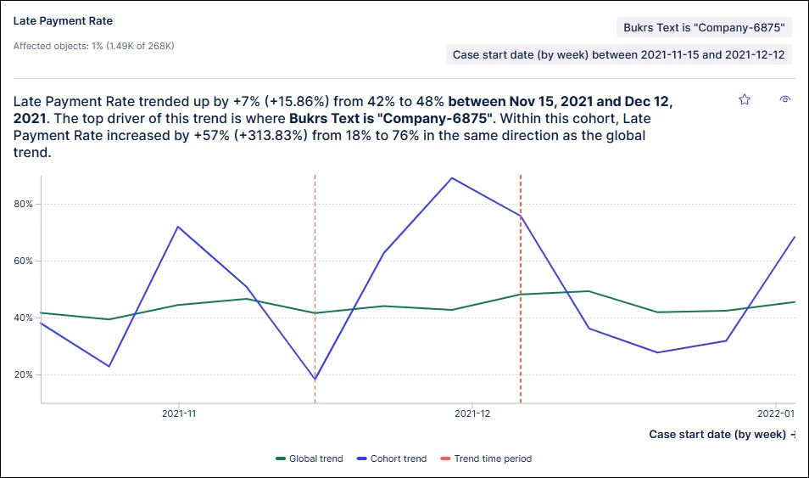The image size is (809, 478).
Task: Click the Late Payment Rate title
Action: point(63,20)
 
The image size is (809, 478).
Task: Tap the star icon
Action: point(745,99)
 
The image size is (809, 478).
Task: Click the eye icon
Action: point(785,99)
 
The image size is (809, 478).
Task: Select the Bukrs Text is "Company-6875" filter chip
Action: point(704,27)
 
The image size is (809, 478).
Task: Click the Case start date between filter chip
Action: point(618,54)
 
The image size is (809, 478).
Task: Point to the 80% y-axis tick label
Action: point(22,204)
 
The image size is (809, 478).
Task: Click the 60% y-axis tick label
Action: point(22,261)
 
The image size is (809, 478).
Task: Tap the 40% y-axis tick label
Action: point(22,318)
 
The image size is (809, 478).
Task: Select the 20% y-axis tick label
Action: point(22,374)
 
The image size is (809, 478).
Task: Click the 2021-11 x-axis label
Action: point(178,414)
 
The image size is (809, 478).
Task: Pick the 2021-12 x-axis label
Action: point(472,414)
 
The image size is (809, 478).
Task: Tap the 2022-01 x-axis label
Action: point(775,414)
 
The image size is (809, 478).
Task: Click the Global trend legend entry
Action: point(310,458)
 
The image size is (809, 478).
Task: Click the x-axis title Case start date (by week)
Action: point(717,434)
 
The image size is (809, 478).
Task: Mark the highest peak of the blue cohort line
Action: point(452,177)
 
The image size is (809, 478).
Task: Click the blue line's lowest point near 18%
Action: point(315,380)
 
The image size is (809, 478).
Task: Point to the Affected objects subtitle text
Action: point(93,46)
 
